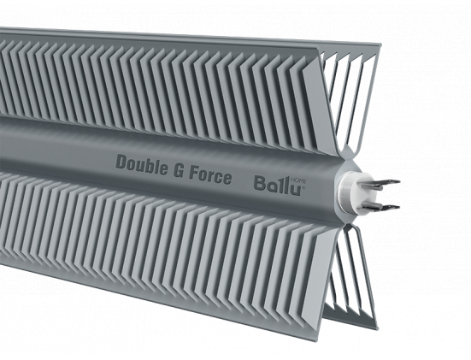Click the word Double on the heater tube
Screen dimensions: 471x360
point(142,165)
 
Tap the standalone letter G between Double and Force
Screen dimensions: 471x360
point(178,171)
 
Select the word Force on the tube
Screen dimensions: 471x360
point(210,175)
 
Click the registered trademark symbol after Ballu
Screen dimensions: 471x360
point(303,187)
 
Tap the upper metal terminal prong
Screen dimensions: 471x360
point(381,183)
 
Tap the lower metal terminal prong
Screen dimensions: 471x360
point(381,205)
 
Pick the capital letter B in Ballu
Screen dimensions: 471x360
point(260,183)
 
